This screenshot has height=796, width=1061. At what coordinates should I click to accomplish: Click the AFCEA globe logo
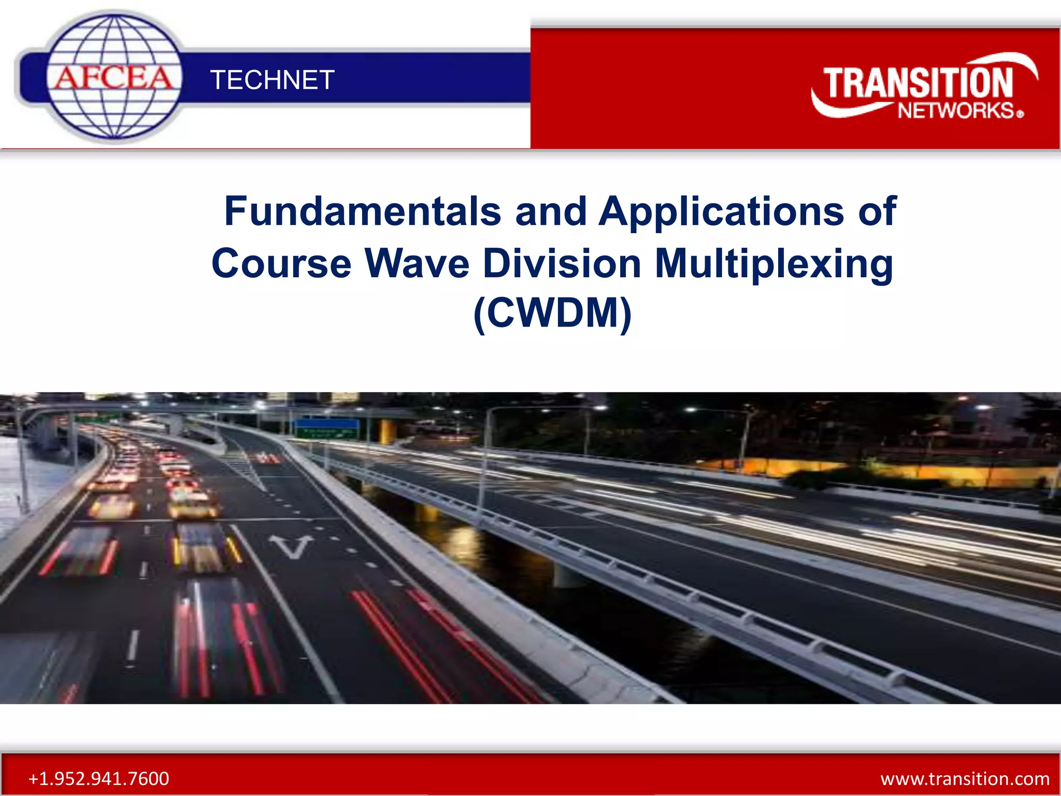[114, 78]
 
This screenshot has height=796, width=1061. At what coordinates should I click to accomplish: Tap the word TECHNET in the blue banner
[272, 80]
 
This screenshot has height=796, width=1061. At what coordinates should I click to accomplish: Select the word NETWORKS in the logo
[956, 111]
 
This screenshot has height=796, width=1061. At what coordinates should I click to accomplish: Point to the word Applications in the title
[722, 212]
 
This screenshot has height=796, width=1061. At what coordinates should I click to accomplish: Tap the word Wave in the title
[417, 263]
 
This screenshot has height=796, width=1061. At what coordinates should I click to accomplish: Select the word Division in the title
[562, 263]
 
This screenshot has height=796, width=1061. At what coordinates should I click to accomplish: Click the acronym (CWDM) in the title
[552, 313]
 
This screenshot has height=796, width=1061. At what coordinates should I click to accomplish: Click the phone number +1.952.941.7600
[98, 778]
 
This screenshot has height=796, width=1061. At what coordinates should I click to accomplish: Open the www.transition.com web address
[965, 778]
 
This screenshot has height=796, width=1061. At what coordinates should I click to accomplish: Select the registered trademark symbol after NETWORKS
[1020, 114]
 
